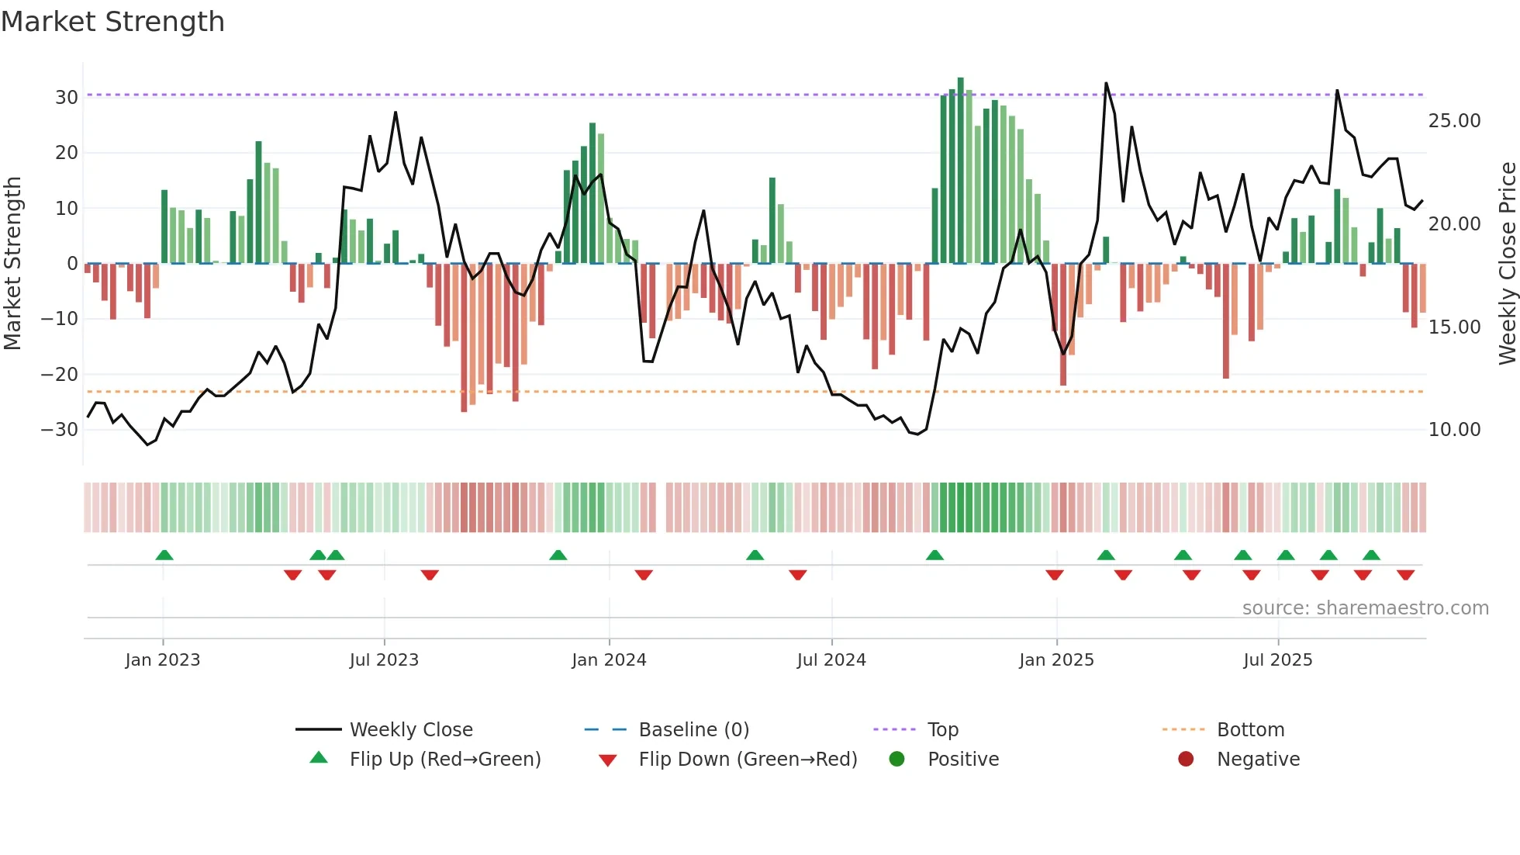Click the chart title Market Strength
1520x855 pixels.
[x=112, y=22]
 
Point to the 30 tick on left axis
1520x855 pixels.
[x=67, y=98]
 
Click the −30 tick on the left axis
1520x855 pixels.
[x=60, y=430]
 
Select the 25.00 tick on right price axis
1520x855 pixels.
[x=1454, y=121]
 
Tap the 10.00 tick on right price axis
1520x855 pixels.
[x=1454, y=430]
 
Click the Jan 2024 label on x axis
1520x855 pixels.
[x=609, y=660]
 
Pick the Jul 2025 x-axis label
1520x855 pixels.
[x=1277, y=660]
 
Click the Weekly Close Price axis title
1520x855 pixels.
[x=1507, y=264]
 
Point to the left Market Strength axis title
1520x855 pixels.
[x=13, y=264]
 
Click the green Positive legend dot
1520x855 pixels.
[x=897, y=760]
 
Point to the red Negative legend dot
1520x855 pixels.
[x=1186, y=760]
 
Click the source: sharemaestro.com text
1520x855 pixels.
[x=1365, y=608]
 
